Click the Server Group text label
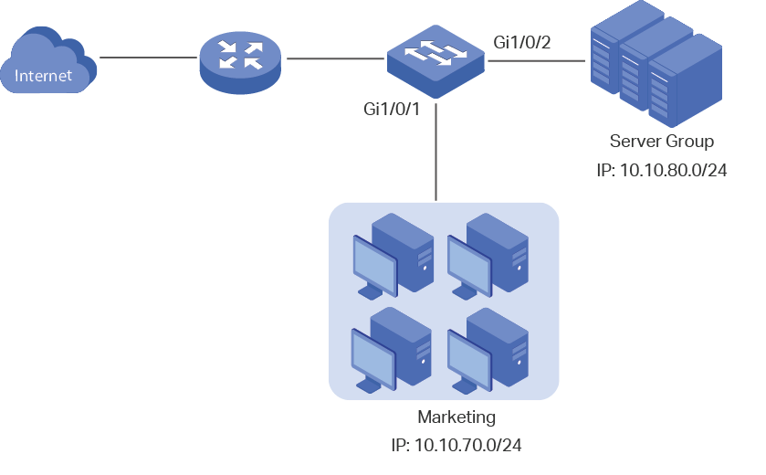coord(661,142)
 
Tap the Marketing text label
coord(456,417)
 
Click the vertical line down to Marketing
coord(435,155)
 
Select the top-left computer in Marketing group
coord(393,256)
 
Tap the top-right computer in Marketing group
coord(488,256)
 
